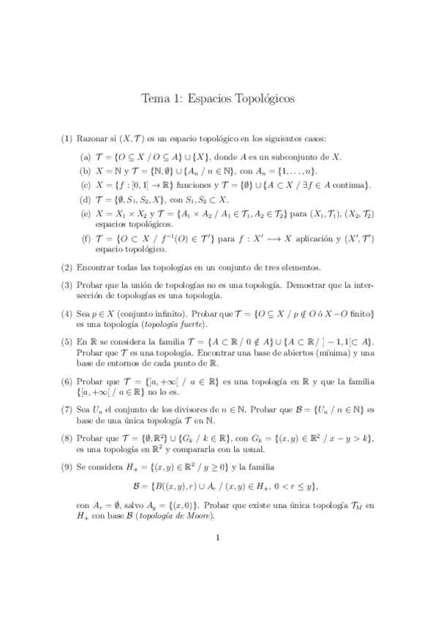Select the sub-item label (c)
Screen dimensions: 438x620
coord(86,185)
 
